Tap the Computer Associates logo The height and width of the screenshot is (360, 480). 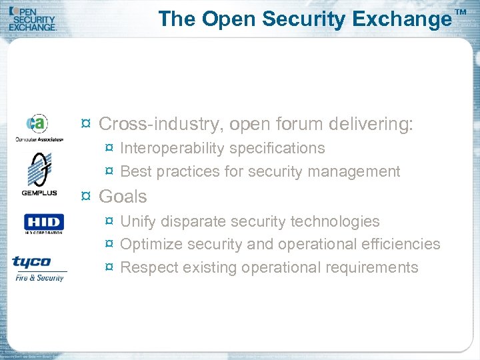pyautogui.click(x=39, y=127)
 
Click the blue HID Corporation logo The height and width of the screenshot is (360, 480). pyautogui.click(x=43, y=223)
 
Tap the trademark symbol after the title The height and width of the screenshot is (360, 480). pyautogui.click(x=461, y=13)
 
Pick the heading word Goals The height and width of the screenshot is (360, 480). pyautogui.click(x=123, y=197)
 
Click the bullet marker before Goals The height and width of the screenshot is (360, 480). pyautogui.click(x=85, y=197)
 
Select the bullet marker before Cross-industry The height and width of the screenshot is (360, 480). pyautogui.click(x=85, y=124)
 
